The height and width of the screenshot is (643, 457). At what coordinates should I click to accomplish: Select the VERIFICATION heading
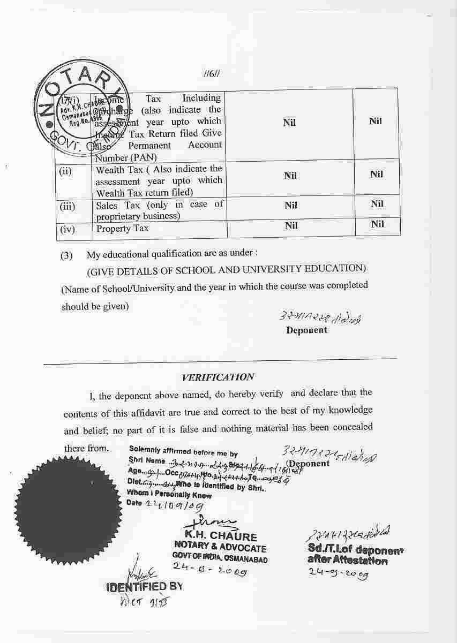[x=218, y=377]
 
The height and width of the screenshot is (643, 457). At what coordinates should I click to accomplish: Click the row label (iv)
[x=68, y=229]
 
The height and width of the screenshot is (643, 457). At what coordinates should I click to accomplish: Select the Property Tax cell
[x=114, y=229]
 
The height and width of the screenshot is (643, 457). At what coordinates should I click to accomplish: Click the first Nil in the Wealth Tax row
[x=290, y=176]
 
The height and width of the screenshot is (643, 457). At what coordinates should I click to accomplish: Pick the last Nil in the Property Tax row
[x=377, y=224]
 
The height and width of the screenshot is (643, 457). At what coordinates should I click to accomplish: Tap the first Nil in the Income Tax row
[x=289, y=123]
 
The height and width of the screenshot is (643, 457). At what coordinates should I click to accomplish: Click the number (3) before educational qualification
[x=66, y=256]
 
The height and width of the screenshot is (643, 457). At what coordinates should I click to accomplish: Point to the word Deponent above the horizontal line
[x=306, y=330]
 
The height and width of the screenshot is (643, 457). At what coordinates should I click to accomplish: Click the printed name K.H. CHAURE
[x=221, y=536]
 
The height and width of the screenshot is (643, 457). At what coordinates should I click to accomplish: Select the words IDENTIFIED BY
[x=145, y=586]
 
